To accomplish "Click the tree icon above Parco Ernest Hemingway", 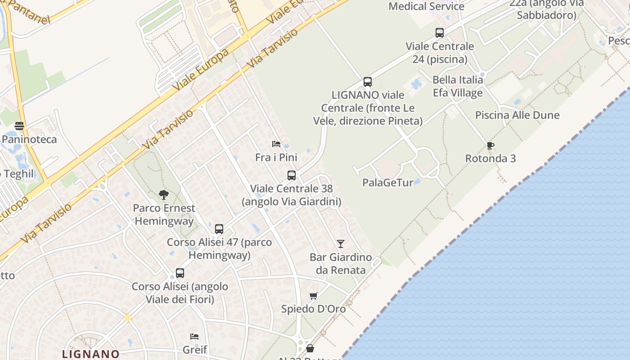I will [164, 195].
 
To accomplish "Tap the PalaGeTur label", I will [387, 183].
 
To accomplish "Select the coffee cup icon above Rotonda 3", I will [490, 145].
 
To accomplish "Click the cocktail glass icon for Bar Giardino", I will [341, 244].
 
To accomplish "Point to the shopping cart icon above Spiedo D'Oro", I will [314, 296].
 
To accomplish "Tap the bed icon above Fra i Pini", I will [276, 144].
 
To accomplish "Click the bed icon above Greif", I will [194, 337].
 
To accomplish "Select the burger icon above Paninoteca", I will [19, 126].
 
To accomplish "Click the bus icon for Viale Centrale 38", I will [292, 175].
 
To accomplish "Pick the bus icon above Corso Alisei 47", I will [219, 229].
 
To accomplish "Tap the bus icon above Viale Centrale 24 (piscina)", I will [440, 33].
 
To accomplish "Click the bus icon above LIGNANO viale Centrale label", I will [368, 82].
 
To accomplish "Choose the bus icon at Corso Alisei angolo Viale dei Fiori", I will [180, 273].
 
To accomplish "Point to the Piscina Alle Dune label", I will [517, 115].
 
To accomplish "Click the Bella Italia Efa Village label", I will [458, 86].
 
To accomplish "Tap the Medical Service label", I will [426, 6].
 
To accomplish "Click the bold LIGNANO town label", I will [91, 354].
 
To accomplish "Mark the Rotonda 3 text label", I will [490, 158].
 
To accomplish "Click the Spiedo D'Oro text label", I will [313, 309].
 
